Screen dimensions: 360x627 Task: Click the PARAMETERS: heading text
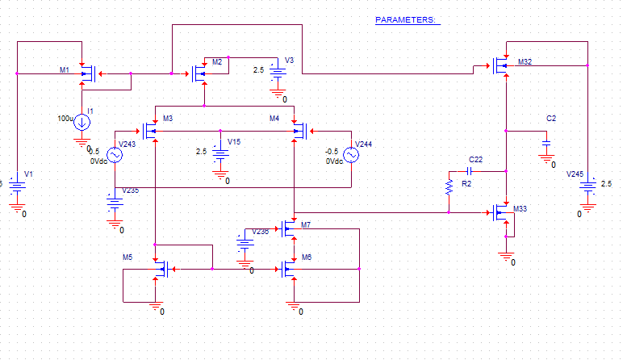pyautogui.click(x=407, y=19)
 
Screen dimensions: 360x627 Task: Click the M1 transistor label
pyautogui.click(x=65, y=71)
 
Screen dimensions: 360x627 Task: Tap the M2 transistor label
pyautogui.click(x=217, y=62)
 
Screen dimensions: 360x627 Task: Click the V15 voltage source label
pyautogui.click(x=233, y=141)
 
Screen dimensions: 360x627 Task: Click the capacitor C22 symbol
pyautogui.click(x=470, y=171)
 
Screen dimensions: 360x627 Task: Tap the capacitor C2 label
pyautogui.click(x=551, y=119)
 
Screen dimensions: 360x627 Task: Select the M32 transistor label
pyautogui.click(x=525, y=62)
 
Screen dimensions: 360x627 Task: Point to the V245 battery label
pyautogui.click(x=575, y=174)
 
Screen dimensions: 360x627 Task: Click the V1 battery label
pyautogui.click(x=29, y=174)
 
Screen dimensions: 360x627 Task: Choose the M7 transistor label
pyautogui.click(x=305, y=225)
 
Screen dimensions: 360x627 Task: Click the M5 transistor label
pyautogui.click(x=127, y=257)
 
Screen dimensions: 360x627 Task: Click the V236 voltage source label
pyautogui.click(x=261, y=232)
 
